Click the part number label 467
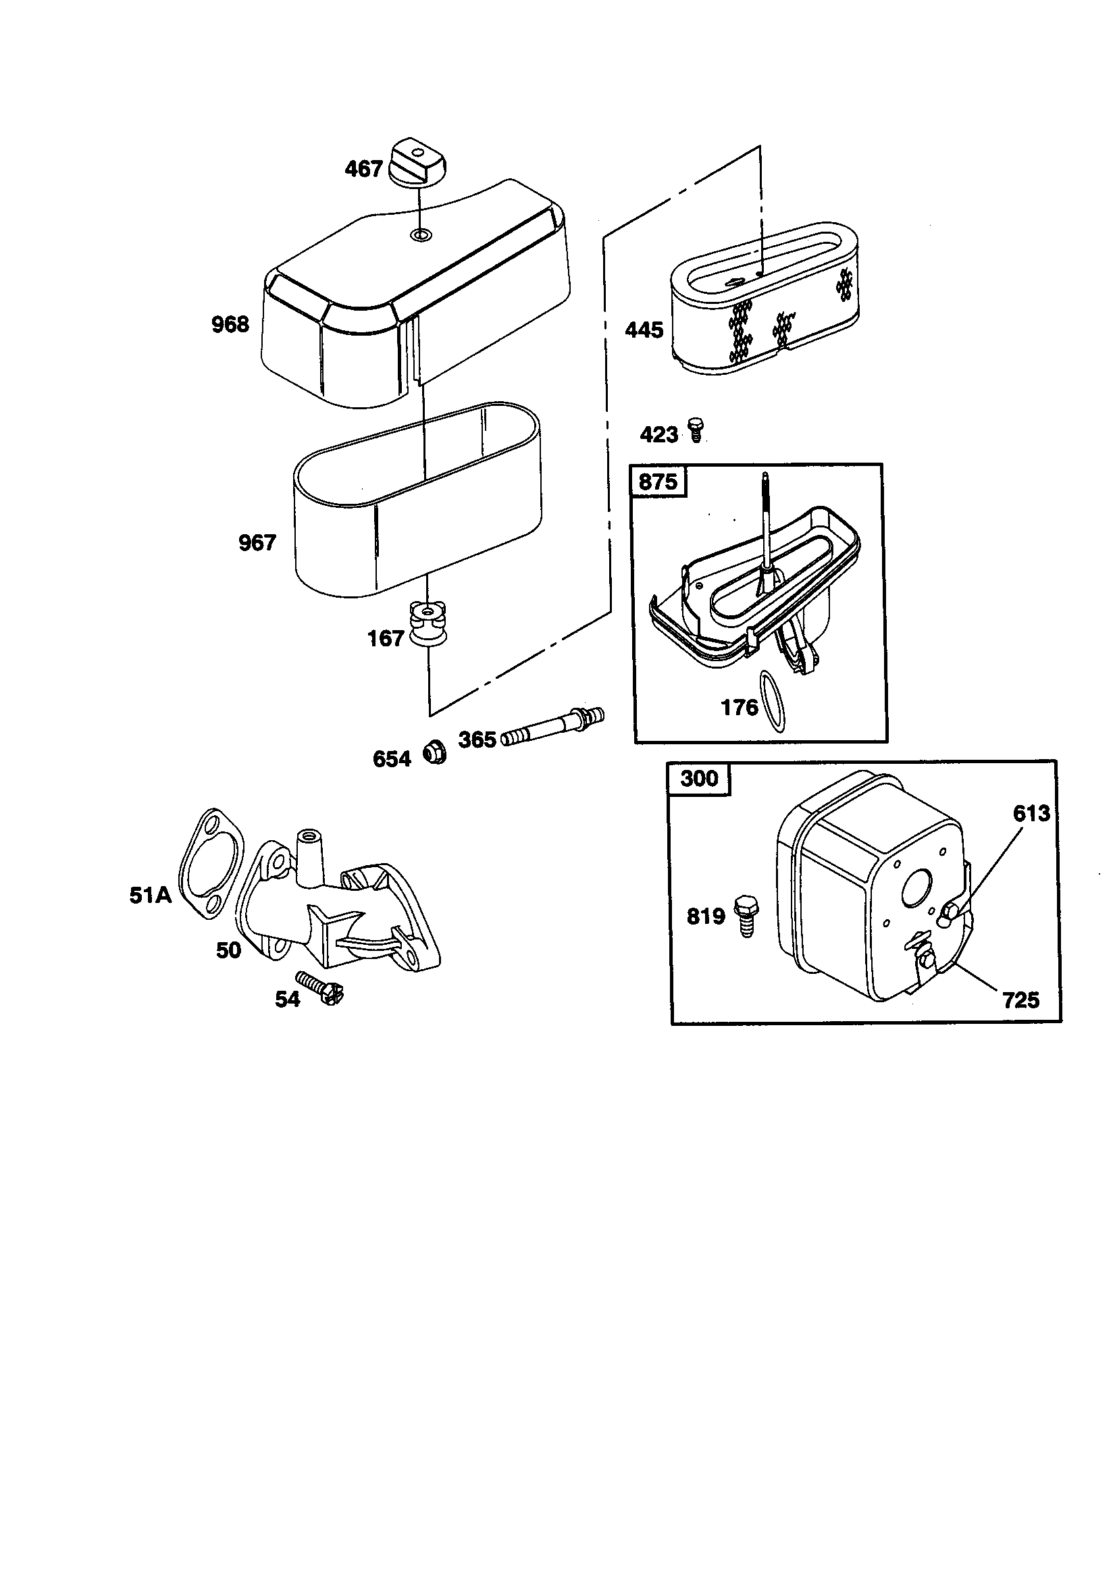[x=363, y=168]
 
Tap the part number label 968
[x=230, y=324]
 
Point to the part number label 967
[x=257, y=542]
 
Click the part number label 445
[x=644, y=330]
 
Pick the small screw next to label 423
[x=696, y=430]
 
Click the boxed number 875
[x=658, y=482]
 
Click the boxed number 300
[x=699, y=779]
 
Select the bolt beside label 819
[x=746, y=914]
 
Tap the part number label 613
[x=1031, y=814]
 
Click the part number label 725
[x=1021, y=1000]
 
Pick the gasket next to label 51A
[x=211, y=864]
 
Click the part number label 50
[x=228, y=950]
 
